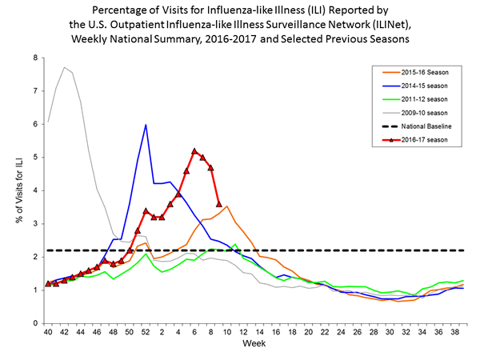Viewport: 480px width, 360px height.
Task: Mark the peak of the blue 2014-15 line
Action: [146, 125]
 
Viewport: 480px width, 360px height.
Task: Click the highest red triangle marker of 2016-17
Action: [194, 150]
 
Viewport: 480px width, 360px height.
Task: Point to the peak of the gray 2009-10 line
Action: [64, 67]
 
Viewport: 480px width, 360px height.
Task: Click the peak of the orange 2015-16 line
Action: [227, 206]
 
